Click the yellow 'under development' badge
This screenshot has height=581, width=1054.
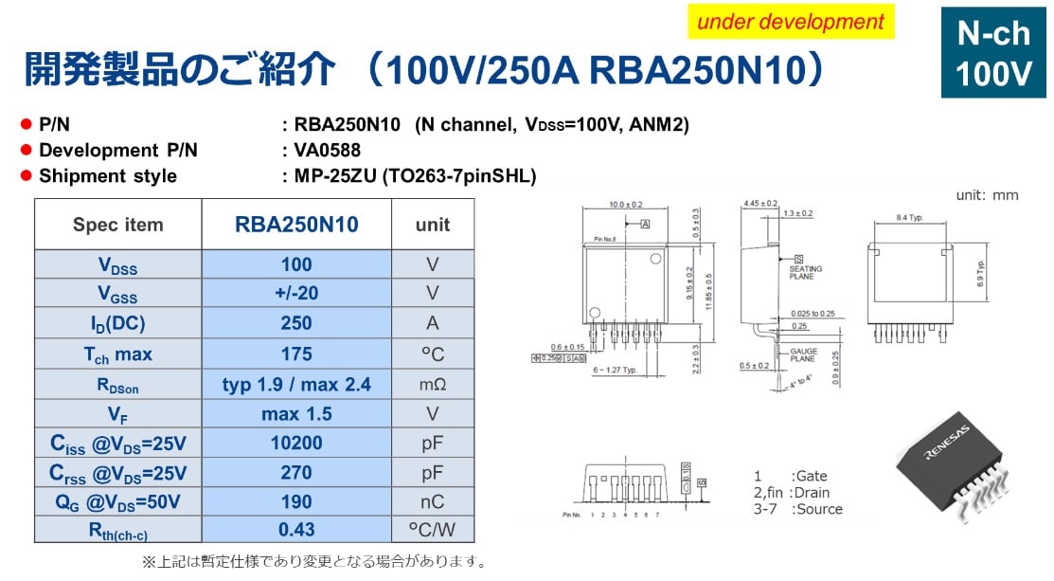pyautogui.click(x=791, y=22)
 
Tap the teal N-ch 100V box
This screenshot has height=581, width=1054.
pyautogui.click(x=992, y=54)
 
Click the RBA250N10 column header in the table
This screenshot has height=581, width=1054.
pyautogui.click(x=296, y=225)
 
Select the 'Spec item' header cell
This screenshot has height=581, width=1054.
pyautogui.click(x=118, y=225)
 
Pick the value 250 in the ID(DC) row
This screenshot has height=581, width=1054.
pyautogui.click(x=296, y=323)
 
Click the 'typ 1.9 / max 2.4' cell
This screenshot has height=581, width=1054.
pyautogui.click(x=296, y=384)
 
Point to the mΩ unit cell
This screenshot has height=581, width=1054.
pyautogui.click(x=433, y=384)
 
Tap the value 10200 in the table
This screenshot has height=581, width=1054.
pyautogui.click(x=296, y=443)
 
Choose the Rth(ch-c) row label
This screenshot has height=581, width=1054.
pyautogui.click(x=118, y=529)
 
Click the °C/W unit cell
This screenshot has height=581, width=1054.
pyautogui.click(x=433, y=529)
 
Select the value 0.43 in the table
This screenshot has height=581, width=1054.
pyautogui.click(x=296, y=529)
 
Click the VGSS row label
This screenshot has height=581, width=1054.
pyautogui.click(x=118, y=293)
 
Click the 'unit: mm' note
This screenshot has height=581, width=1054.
pyautogui.click(x=986, y=195)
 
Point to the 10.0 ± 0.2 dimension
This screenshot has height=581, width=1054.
pyautogui.click(x=625, y=205)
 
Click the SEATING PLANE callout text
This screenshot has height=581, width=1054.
pyautogui.click(x=806, y=272)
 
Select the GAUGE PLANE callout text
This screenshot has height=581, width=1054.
pyautogui.click(x=803, y=355)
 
